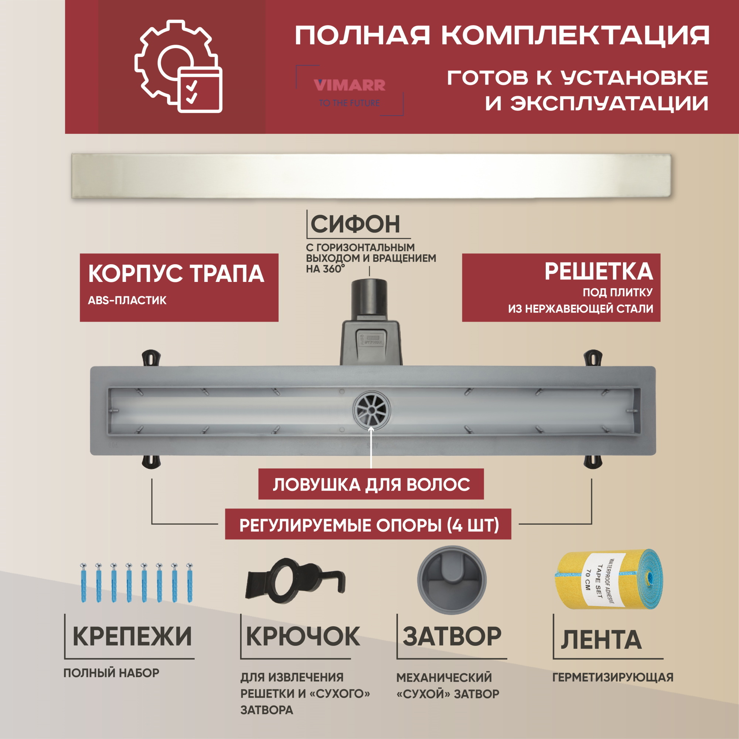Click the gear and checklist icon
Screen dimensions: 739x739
click(178, 67)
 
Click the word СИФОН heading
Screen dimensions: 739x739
click(355, 224)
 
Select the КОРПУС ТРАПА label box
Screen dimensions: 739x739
click(178, 287)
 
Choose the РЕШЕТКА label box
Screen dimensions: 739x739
click(561, 287)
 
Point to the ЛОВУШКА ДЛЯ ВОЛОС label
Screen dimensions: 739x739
click(371, 484)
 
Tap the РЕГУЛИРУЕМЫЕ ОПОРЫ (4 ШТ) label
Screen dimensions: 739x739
click(368, 525)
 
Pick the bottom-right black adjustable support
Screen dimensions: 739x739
click(593, 461)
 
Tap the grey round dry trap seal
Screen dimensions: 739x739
click(452, 580)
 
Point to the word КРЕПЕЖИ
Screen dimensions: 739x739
click(132, 637)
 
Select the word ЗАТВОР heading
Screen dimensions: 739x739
click(452, 637)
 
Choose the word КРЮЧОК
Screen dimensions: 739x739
click(303, 637)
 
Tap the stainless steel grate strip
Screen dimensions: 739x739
click(371, 176)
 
